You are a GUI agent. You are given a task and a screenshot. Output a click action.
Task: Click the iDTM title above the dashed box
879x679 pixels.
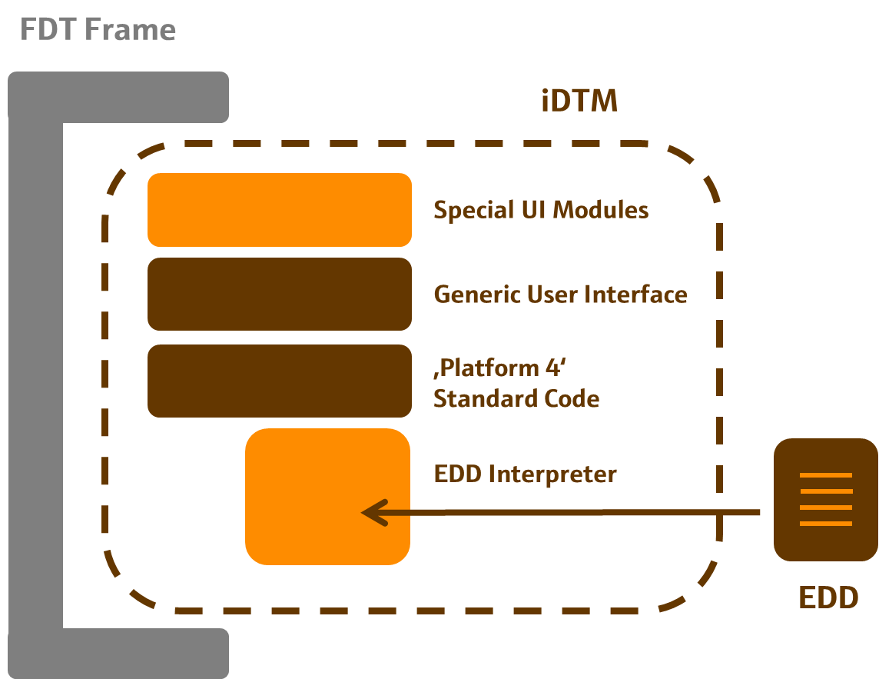coord(579,101)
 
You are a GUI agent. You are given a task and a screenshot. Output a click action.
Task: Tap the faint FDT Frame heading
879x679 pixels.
coord(97,31)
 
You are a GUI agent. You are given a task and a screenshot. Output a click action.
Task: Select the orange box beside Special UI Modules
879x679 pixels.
coord(280,210)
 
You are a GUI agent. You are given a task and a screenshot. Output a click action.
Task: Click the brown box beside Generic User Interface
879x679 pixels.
coord(280,294)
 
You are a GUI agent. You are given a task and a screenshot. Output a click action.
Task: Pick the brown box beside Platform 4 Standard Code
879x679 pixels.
coord(280,381)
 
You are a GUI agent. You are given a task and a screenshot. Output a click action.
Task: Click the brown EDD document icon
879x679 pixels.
coord(825,500)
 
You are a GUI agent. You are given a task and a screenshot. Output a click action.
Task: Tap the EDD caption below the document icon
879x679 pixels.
coord(828,597)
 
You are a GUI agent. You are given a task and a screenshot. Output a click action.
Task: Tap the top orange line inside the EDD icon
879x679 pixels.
coord(826,475)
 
